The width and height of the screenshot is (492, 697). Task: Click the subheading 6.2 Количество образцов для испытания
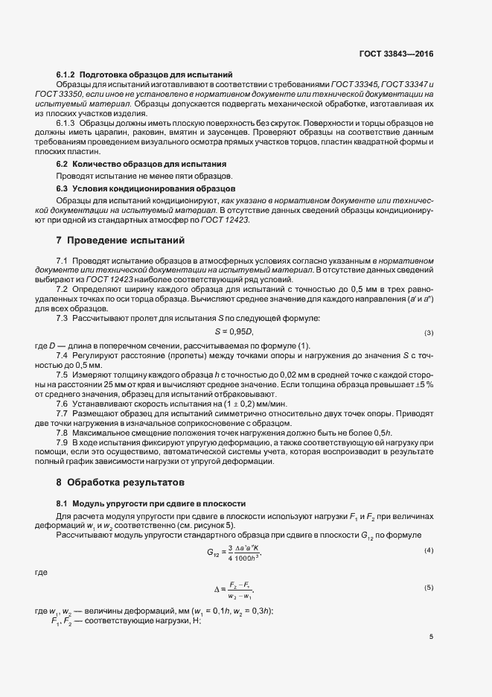click(141, 163)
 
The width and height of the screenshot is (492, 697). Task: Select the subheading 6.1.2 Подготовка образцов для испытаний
click(145, 75)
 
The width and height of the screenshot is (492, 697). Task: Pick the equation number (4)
click(429, 550)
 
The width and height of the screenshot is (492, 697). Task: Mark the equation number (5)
click(429, 588)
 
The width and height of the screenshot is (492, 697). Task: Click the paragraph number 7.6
click(63, 403)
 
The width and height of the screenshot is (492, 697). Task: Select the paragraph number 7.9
click(63, 443)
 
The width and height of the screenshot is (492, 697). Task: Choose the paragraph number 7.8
click(63, 432)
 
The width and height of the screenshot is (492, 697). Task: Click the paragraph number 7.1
click(63, 259)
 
